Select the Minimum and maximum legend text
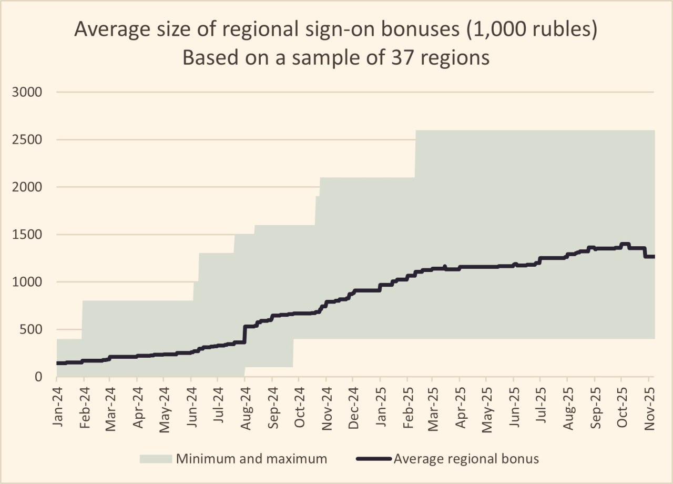click(251, 459)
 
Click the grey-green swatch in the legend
click(156, 459)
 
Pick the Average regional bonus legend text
click(467, 459)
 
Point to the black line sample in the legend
click(374, 459)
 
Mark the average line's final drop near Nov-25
click(645, 252)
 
